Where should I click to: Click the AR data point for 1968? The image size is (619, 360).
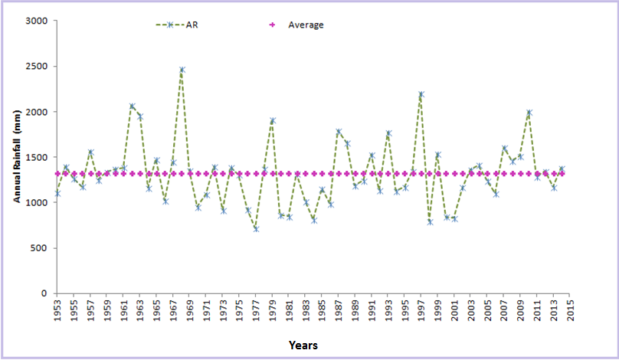(x=182, y=70)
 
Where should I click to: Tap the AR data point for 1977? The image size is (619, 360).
(x=256, y=229)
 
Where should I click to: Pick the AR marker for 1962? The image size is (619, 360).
(x=132, y=106)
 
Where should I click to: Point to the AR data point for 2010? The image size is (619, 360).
(x=529, y=113)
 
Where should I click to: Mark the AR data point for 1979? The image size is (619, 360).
(x=273, y=121)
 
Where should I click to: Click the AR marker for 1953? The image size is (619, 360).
(x=57, y=194)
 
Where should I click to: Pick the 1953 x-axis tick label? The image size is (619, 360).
(x=57, y=312)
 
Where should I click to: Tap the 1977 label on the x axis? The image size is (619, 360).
(x=256, y=312)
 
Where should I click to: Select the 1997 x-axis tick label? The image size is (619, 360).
(x=421, y=312)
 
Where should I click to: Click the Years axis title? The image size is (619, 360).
(x=303, y=345)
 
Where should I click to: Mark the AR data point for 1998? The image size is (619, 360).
(x=430, y=222)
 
